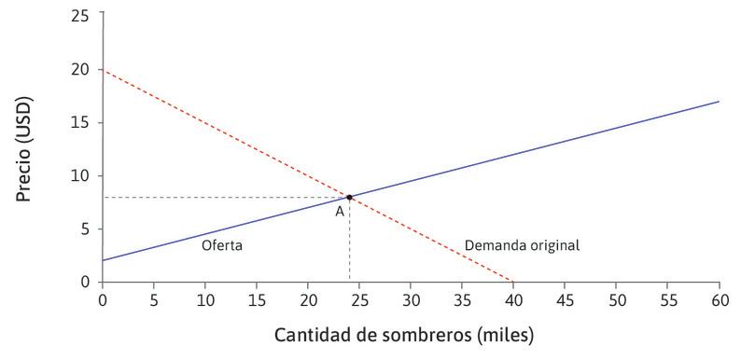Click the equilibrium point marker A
click(349, 197)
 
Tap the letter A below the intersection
click(340, 212)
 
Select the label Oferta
click(221, 246)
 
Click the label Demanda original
click(522, 246)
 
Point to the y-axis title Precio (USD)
click(32, 147)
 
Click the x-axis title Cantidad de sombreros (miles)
click(404, 333)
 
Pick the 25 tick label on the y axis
click(84, 16)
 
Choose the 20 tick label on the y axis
click(84, 69)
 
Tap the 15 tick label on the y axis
click(84, 122)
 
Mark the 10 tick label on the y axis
click(84, 175)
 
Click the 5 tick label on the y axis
click(88, 228)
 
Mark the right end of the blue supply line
click(719, 101)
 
